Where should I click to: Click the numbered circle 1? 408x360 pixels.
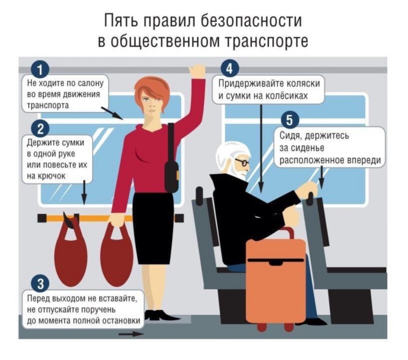point(40,69)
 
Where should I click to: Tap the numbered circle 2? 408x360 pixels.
point(40,129)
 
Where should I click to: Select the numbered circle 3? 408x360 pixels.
point(40,284)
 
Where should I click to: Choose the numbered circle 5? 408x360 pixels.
point(290,121)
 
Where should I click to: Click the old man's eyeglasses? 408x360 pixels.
point(243,162)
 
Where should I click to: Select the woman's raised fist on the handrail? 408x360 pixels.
point(197,71)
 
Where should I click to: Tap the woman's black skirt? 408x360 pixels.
point(153,228)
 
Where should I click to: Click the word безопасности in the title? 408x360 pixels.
point(251,21)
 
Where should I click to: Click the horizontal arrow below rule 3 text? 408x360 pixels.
point(131,334)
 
